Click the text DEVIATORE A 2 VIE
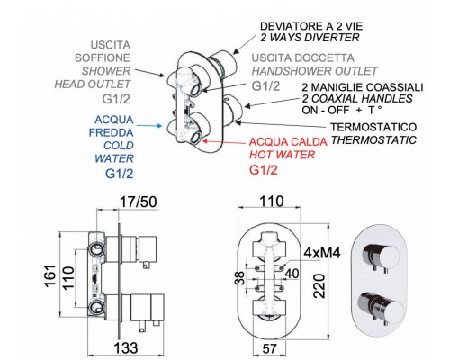click(311, 26)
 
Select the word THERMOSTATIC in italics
click(373, 140)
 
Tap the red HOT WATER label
click(283, 155)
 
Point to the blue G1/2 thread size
click(120, 174)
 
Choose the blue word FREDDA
click(112, 132)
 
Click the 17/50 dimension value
click(139, 202)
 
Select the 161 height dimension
click(50, 275)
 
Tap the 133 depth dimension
click(126, 348)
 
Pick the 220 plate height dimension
click(319, 285)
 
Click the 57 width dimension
click(269, 348)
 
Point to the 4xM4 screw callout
click(322, 253)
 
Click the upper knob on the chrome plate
click(382, 257)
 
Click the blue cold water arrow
click(148, 126)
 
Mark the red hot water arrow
click(225, 142)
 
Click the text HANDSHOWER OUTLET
click(314, 71)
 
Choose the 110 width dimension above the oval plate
click(271, 202)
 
